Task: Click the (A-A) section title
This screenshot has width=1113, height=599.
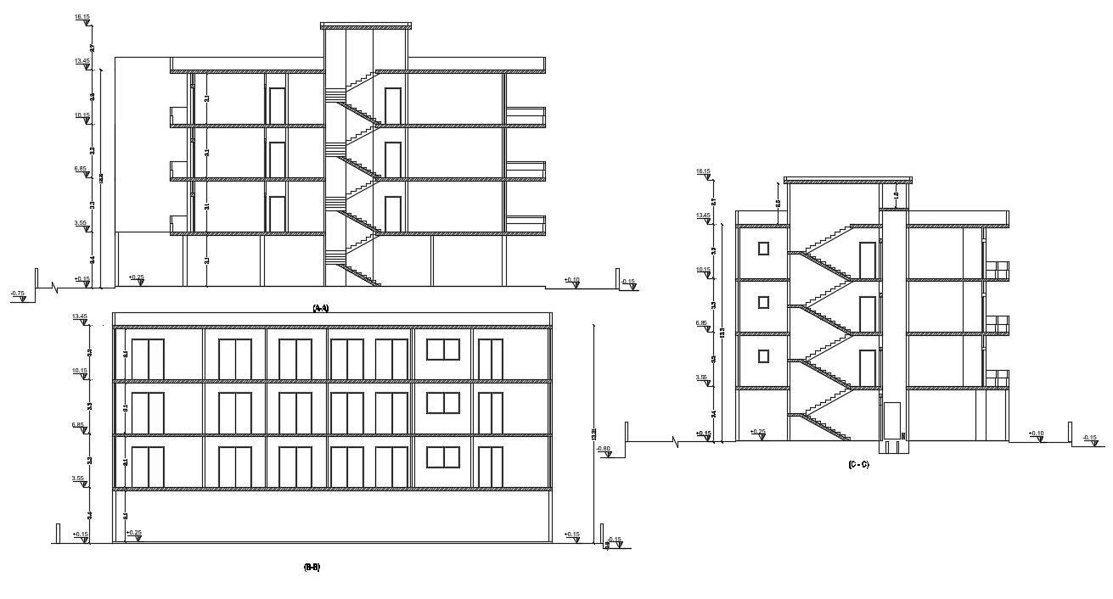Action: [x=321, y=308]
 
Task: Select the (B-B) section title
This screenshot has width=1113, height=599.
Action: [x=312, y=567]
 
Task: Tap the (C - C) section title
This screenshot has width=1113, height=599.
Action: [x=858, y=464]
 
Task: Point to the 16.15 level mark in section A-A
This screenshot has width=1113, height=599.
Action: [x=82, y=17]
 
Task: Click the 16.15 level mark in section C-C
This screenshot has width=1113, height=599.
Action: [x=703, y=172]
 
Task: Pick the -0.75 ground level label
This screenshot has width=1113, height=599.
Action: [x=18, y=294]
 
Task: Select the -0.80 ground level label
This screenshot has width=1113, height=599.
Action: [x=604, y=449]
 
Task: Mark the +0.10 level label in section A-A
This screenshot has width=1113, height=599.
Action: [x=572, y=280]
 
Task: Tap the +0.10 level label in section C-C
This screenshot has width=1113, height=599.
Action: [x=1036, y=434]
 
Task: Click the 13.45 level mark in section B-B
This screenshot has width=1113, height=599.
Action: [x=81, y=316]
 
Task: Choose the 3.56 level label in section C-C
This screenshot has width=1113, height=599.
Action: [x=702, y=378]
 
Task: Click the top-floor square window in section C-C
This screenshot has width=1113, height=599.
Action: [x=763, y=248]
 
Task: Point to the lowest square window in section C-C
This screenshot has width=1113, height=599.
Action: [x=763, y=355]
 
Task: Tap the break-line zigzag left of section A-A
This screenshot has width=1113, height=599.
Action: [x=56, y=288]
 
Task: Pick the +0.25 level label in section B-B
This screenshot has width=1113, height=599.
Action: [x=134, y=533]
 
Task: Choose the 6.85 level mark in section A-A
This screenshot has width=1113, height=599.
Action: [x=81, y=169]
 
